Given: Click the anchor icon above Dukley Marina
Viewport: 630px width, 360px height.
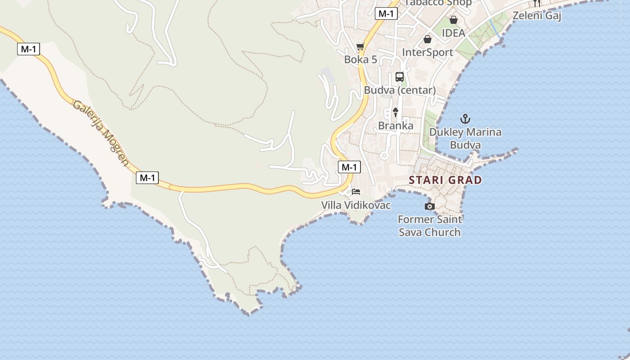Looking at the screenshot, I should tap(465, 119).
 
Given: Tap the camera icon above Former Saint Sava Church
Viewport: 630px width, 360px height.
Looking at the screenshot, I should tap(430, 207).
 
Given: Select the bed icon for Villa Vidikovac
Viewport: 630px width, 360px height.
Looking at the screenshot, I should tap(356, 192).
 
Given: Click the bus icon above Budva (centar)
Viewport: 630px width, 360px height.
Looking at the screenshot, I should tap(400, 77).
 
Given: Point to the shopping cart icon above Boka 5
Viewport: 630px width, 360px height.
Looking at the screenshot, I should tap(360, 47).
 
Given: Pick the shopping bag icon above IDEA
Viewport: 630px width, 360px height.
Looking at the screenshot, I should tap(454, 20).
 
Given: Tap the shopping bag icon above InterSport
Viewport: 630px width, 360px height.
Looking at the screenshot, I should tap(427, 40).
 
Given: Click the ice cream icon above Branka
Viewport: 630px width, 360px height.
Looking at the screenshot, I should tap(396, 112).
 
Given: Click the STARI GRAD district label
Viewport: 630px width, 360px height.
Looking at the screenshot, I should tap(445, 180).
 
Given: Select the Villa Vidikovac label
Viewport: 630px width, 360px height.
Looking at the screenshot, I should tap(356, 205).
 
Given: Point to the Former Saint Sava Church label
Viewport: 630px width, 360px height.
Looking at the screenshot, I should tap(430, 226).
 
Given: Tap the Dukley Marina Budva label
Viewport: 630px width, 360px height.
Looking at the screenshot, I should tap(465, 139).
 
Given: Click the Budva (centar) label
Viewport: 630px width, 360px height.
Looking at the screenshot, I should tap(400, 90).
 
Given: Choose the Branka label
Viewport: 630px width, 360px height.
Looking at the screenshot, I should tap(396, 126).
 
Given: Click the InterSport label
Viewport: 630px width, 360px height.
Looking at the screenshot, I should tap(427, 53).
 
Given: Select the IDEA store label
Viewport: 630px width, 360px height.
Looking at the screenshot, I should tap(453, 33).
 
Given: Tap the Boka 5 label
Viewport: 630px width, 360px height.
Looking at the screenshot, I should tap(360, 60).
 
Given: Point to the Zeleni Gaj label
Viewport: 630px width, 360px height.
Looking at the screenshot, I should tap(537, 16).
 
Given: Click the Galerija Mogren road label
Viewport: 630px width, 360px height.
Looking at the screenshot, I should tap(101, 132).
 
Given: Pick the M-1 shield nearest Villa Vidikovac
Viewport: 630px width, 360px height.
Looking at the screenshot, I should tap(349, 167).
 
